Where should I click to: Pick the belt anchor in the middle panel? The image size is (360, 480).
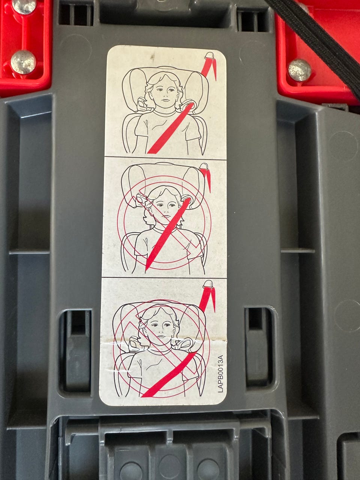click(x=204, y=166)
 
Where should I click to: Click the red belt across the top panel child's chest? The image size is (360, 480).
click(x=171, y=128)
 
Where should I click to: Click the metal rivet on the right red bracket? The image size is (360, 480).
click(x=299, y=70)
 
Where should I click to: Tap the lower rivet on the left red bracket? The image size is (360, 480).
click(x=23, y=62)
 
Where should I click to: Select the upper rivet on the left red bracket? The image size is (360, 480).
click(x=24, y=6)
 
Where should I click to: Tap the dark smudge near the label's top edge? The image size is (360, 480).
click(x=153, y=57)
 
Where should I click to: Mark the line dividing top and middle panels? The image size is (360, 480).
click(x=165, y=158)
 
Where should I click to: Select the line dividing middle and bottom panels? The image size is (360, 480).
click(x=164, y=278)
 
